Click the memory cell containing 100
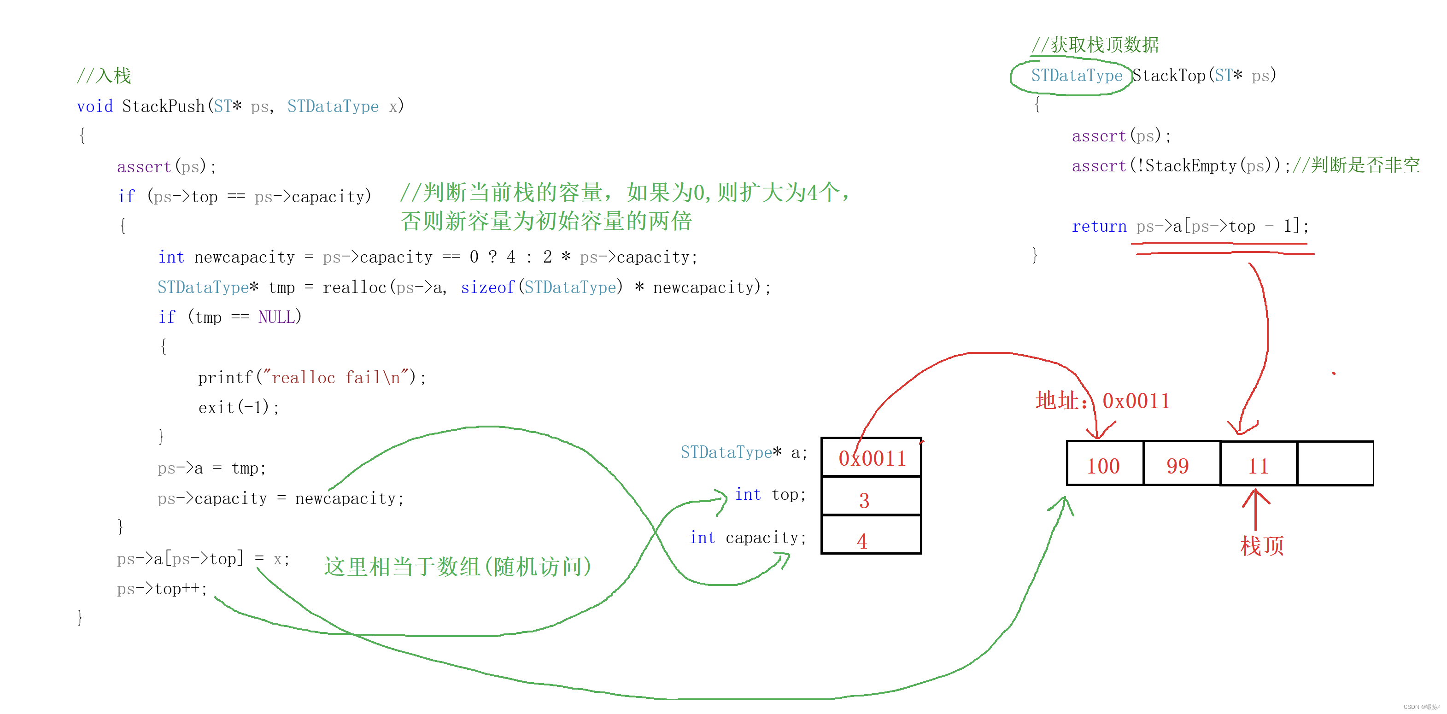1104,464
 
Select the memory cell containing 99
1181,464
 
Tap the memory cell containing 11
1258,464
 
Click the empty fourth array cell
1335,463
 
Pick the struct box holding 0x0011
871,457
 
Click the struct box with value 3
871,496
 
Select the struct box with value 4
871,535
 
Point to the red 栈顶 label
1262,545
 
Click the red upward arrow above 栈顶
1255,509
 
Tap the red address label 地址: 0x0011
1102,401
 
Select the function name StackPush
163,106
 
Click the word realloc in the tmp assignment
354,287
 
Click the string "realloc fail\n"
335,378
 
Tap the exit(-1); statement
238,407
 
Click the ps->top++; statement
162,589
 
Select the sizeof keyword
487,287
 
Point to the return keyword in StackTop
1098,226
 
